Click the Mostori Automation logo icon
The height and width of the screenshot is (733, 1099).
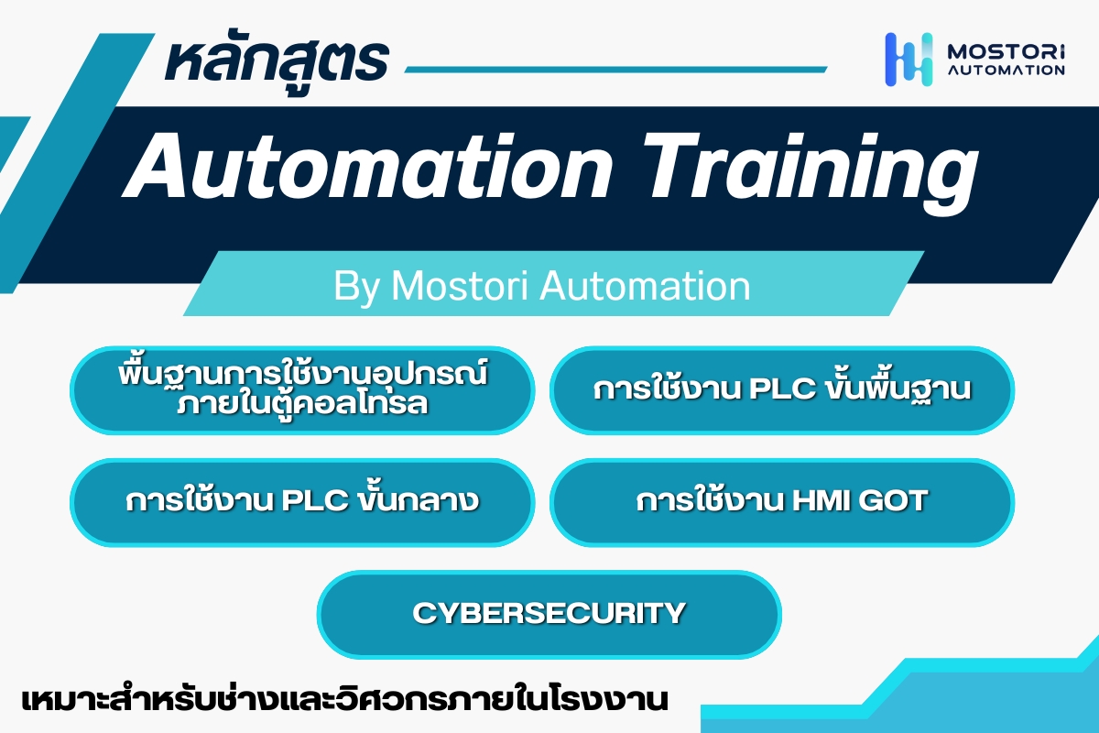click(909, 60)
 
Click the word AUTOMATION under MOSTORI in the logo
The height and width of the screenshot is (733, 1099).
click(1006, 71)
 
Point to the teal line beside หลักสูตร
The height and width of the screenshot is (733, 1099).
click(615, 70)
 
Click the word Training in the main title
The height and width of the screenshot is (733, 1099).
click(811, 173)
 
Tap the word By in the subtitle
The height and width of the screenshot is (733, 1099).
click(356, 287)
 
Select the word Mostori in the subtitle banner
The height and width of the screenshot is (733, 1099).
click(460, 285)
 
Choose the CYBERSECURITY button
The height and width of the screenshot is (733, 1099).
click(549, 614)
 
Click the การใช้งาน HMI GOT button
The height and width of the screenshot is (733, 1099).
click(782, 502)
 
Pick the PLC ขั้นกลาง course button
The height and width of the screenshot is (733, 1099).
click(302, 502)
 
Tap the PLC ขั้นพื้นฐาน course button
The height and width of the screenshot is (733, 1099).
click(782, 389)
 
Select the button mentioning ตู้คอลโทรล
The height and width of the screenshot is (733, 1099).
click(302, 389)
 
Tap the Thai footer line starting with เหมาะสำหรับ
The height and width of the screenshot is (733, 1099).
click(345, 700)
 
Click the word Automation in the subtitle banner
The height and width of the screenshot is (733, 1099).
click(645, 285)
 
